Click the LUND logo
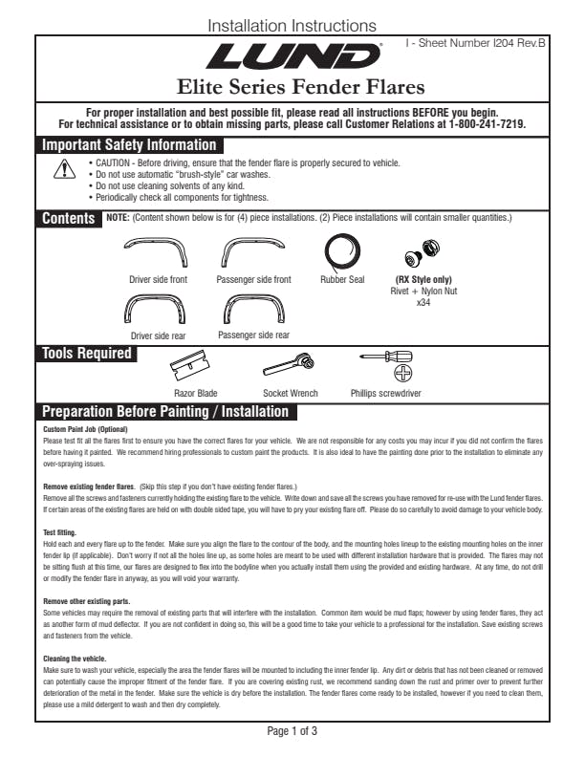click(292, 57)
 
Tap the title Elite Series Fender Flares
click(292, 88)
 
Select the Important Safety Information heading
click(129, 145)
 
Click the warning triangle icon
click(65, 169)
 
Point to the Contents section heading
click(69, 219)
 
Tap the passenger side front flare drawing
click(253, 253)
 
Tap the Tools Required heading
click(86, 354)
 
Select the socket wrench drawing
click(291, 364)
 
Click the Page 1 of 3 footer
click(292, 731)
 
